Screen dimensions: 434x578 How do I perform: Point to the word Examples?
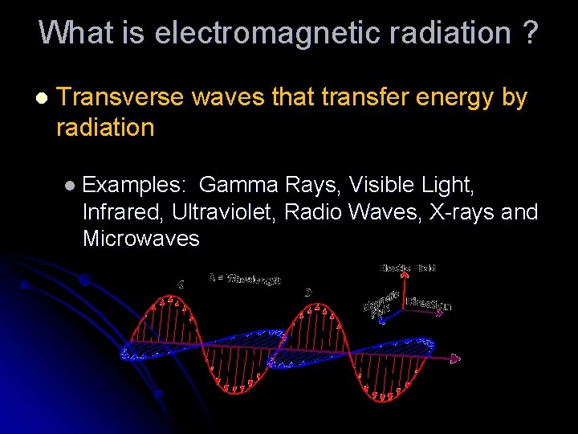click(x=135, y=185)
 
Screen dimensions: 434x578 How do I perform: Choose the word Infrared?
click(x=123, y=212)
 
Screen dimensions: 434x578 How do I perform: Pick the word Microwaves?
click(x=140, y=239)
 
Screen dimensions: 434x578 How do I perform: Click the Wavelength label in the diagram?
click(x=245, y=279)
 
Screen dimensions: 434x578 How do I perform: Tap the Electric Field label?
click(x=407, y=268)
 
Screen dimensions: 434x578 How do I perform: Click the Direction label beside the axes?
click(x=429, y=304)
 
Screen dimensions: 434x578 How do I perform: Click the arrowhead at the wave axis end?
click(x=457, y=358)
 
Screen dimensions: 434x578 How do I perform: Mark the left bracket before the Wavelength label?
click(x=181, y=283)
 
